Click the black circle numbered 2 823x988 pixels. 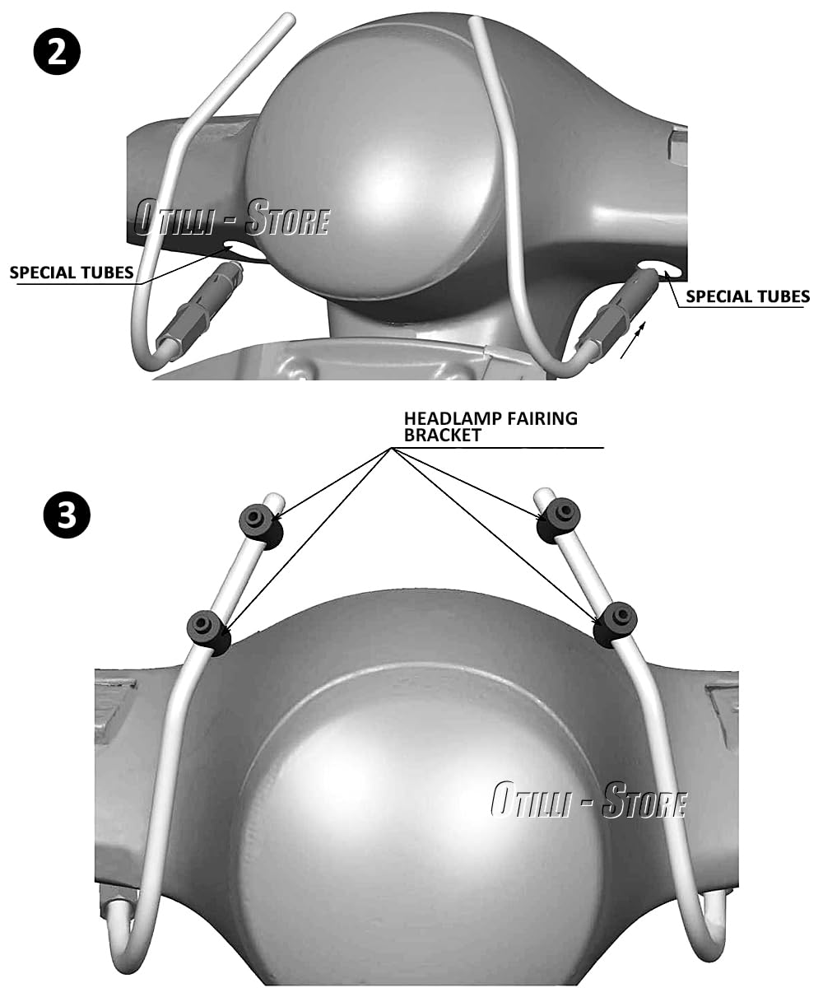click(x=57, y=51)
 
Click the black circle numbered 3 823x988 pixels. click(x=66, y=514)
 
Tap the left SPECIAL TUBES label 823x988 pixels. click(x=72, y=273)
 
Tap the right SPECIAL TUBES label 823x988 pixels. click(x=748, y=296)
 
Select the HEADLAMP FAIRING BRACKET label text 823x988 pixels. click(x=491, y=426)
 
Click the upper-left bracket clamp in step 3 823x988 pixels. click(x=261, y=524)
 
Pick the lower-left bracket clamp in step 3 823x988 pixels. click(x=208, y=633)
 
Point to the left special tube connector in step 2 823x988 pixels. click(x=199, y=311)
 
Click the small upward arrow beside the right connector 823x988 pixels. click(x=632, y=340)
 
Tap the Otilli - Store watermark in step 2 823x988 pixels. click(x=231, y=217)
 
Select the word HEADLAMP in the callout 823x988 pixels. click(x=451, y=419)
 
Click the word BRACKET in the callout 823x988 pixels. click(x=443, y=436)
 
